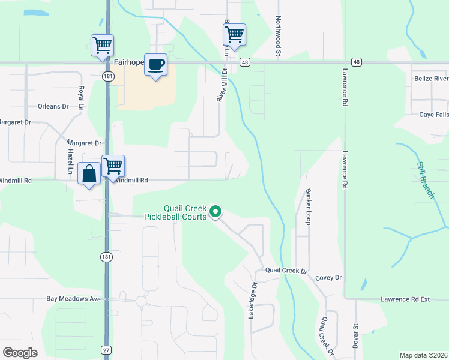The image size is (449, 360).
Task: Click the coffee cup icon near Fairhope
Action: coord(156,64)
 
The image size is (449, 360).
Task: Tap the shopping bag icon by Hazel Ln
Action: coord(89,174)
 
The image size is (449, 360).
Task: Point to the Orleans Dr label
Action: coord(54,106)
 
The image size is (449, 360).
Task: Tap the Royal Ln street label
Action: coord(81,98)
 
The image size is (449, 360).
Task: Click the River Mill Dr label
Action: coord(221,84)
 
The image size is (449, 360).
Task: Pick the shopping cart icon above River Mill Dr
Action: coord(234,34)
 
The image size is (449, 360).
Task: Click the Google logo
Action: coord(20,353)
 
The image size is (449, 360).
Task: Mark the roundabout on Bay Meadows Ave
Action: coord(141,301)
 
